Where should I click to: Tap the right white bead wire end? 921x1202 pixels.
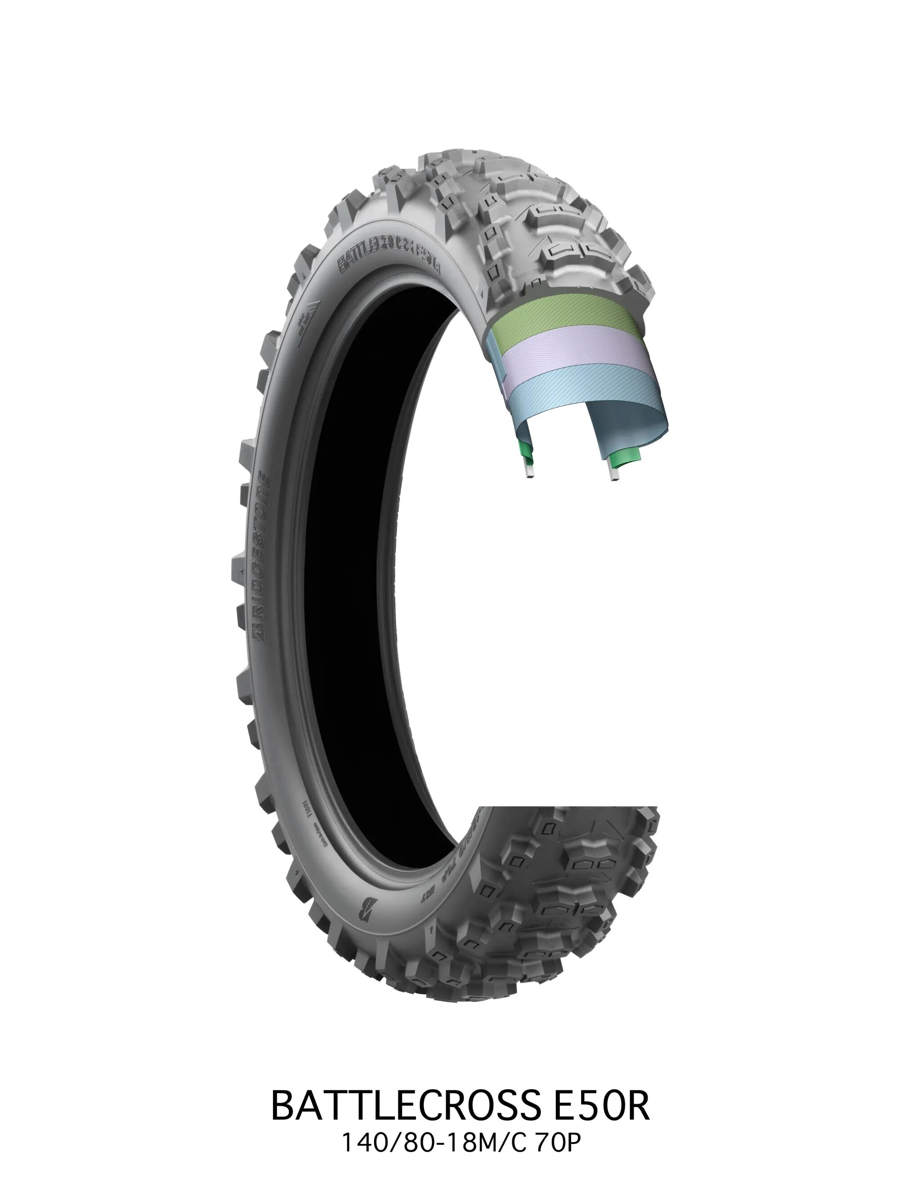click(615, 475)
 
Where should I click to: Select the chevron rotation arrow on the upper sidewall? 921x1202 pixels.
click(308, 324)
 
